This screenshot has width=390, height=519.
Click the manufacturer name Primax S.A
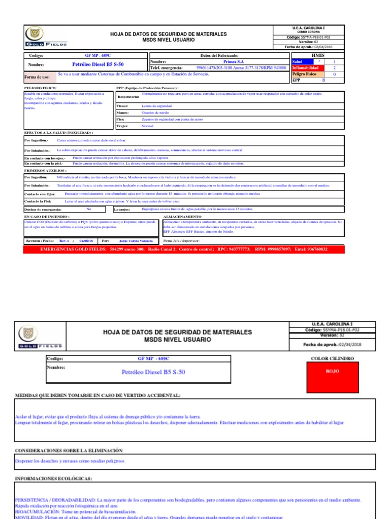coord(234,61)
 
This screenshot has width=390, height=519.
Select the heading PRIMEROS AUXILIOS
coord(46,171)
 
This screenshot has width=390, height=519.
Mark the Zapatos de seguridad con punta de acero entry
coord(172,119)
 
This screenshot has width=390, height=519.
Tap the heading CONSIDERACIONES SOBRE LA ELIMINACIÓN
coord(69,450)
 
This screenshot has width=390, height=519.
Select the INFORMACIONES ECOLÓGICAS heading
coord(53,478)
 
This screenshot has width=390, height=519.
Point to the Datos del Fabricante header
coord(219,55)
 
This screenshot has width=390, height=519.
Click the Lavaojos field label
coord(122,209)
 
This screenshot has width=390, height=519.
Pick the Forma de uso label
coord(38,78)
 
